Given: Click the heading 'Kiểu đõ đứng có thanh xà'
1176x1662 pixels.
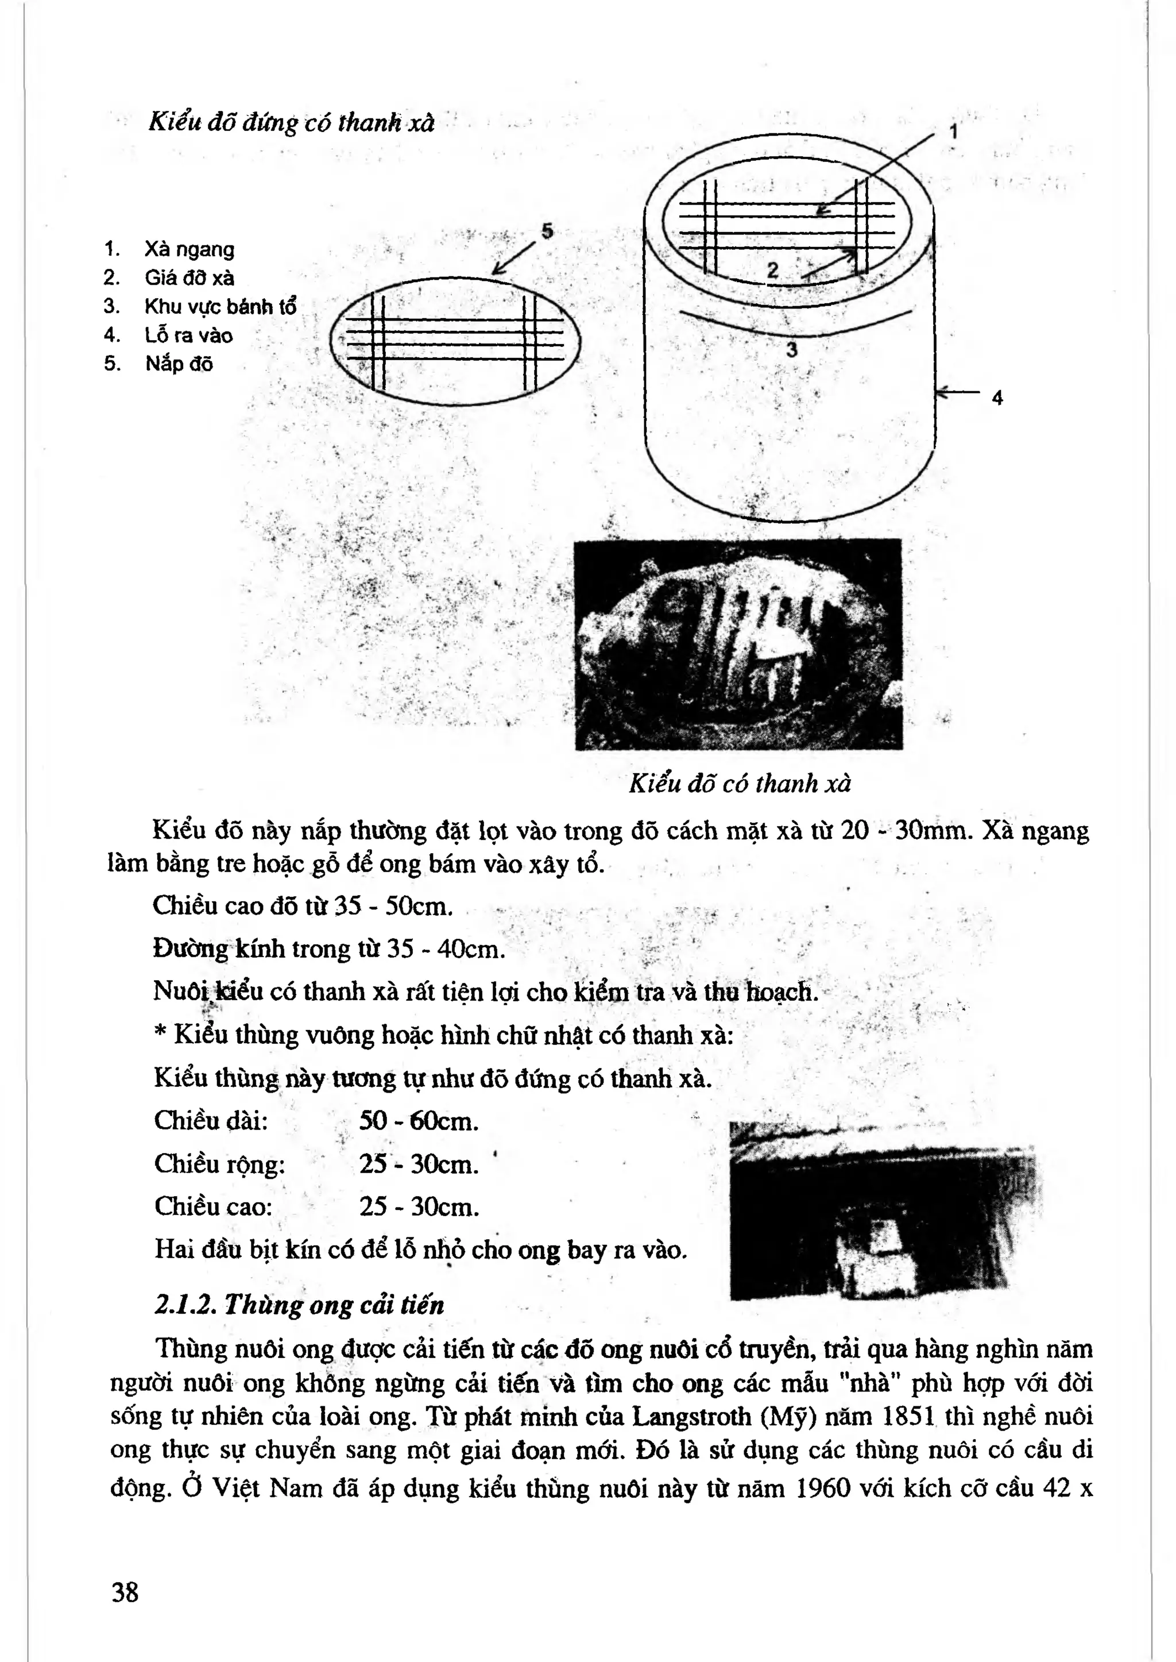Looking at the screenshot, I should [x=291, y=122].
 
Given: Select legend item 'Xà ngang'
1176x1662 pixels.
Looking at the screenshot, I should [x=189, y=249].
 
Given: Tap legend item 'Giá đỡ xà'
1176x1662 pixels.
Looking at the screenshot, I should [x=189, y=277].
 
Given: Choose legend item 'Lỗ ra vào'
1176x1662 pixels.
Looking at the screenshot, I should [x=188, y=335].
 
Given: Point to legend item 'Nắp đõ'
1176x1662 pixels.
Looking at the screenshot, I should [x=179, y=364].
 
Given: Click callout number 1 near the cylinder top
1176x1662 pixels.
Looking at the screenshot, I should [x=954, y=132].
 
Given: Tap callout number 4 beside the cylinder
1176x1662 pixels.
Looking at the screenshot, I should [x=997, y=398].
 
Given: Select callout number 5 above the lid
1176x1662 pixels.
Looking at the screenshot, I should [x=547, y=231].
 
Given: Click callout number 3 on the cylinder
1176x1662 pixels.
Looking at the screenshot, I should [x=791, y=350].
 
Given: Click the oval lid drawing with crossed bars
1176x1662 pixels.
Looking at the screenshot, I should [x=455, y=341].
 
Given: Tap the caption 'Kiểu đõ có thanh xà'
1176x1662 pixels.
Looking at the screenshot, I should [x=740, y=783].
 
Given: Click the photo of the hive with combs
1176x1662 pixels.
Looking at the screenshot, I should [x=738, y=643].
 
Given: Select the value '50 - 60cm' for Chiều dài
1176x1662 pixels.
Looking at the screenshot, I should [x=419, y=1121].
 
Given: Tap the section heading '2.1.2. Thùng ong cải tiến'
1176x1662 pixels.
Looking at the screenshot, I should [x=299, y=1305].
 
